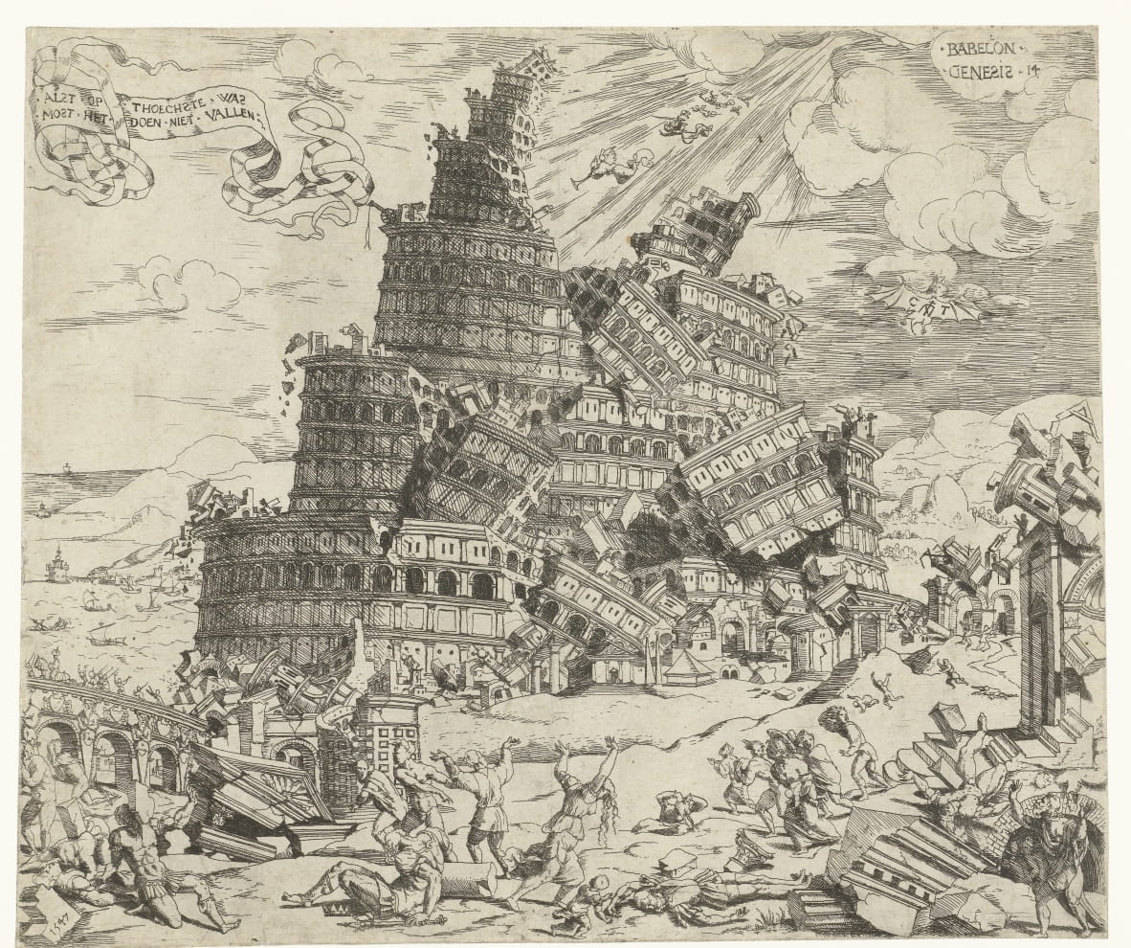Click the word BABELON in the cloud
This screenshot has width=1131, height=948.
982,47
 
